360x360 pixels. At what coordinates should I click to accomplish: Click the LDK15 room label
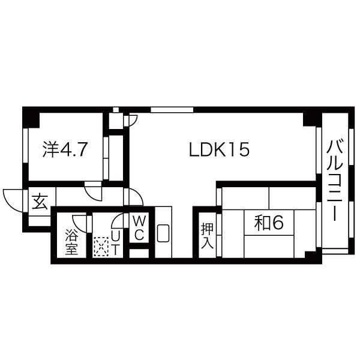click(219, 149)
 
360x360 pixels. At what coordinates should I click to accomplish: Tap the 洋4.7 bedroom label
click(65, 149)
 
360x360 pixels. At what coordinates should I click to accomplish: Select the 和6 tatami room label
click(269, 223)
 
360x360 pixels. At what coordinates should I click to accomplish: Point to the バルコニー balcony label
click(335, 180)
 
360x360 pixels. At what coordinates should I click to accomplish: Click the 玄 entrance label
click(40, 202)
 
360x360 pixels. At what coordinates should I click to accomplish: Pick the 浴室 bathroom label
click(71, 242)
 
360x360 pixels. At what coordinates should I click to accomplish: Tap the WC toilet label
click(139, 228)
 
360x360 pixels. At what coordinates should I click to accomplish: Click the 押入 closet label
click(207, 236)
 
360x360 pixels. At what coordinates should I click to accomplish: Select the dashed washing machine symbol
click(101, 247)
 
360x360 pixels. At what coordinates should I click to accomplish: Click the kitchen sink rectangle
click(163, 233)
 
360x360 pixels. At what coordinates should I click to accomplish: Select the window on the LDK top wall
click(172, 110)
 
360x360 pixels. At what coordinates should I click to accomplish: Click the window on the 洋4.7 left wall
click(25, 146)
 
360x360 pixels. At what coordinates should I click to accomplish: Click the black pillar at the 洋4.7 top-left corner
click(31, 118)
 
